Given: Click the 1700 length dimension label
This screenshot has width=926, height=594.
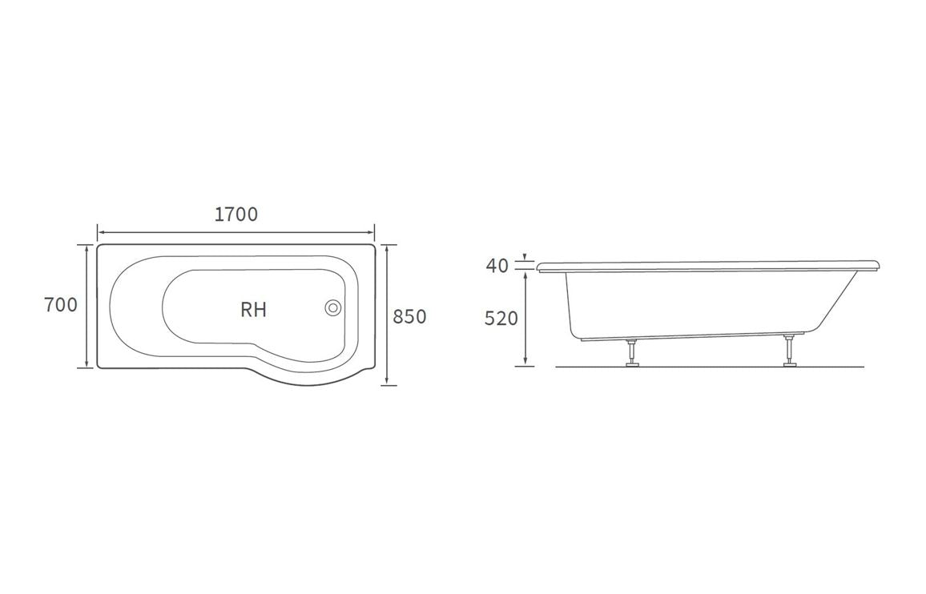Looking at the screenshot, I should [x=236, y=215].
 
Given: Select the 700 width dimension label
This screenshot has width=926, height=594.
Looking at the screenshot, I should [x=61, y=305].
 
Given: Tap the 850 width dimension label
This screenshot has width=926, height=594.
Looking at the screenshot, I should [x=409, y=317].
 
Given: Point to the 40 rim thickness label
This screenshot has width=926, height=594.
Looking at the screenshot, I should [x=497, y=266].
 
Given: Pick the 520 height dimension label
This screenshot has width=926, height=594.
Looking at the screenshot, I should [x=501, y=319].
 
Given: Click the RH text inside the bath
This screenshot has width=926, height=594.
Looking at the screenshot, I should [x=253, y=310].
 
